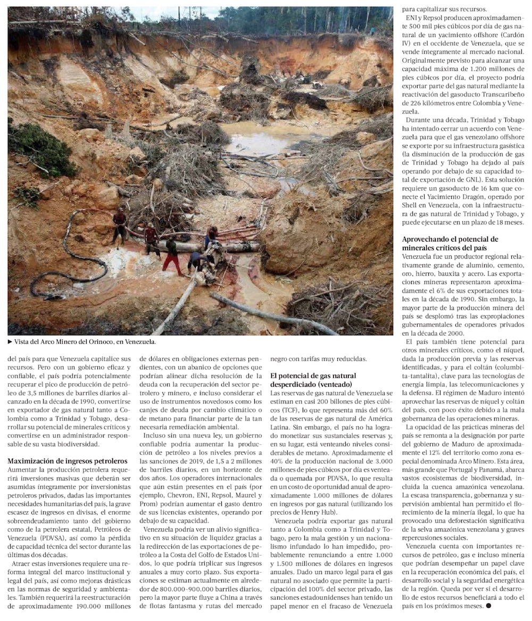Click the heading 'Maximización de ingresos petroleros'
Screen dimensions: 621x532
(x=68, y=461)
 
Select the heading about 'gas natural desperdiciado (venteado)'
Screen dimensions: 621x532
(x=313, y=379)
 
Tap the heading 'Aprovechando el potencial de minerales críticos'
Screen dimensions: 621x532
(x=450, y=243)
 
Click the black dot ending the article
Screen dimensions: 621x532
(x=488, y=605)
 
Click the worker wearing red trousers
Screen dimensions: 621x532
(x=172, y=256)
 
